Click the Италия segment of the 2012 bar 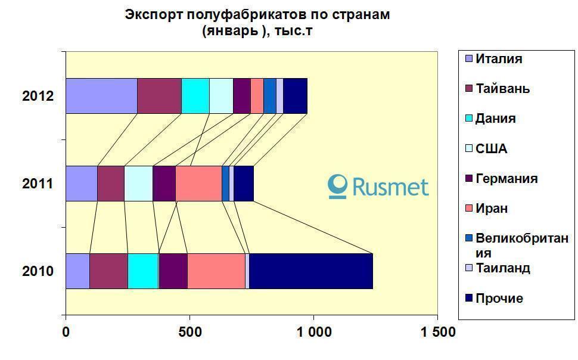tap(101, 95)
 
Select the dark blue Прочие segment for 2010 tap(310, 271)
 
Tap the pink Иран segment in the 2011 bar tap(198, 184)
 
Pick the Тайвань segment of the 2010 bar tap(108, 271)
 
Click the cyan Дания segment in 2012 tap(195, 95)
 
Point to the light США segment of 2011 tap(138, 184)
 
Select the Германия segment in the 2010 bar tap(173, 271)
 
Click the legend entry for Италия tap(499, 59)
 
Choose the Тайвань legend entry tap(502, 89)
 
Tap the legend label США tap(491, 149)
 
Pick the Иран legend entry tap(492, 209)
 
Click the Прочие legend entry tap(499, 299)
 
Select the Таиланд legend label tap(502, 268)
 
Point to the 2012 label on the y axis tap(38, 96)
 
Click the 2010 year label tap(38, 272)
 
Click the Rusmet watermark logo tap(379, 187)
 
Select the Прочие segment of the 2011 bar tap(244, 184)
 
